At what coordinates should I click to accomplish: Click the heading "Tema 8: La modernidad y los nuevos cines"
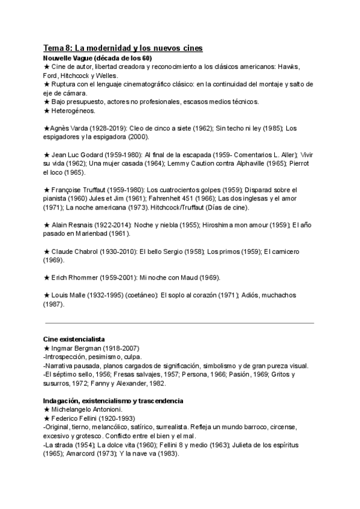(x=123, y=47)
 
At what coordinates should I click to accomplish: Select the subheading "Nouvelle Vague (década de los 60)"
(x=98, y=58)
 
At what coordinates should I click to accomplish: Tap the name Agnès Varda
(x=68, y=128)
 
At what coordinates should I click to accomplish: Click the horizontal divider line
(x=179, y=323)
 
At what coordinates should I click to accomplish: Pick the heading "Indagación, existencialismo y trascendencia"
(x=113, y=400)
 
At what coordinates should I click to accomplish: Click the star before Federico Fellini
(x=46, y=418)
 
